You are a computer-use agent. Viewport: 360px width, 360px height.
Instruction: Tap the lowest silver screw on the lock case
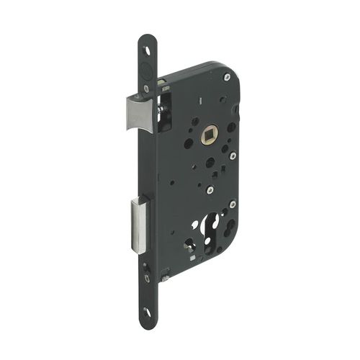click(232, 204)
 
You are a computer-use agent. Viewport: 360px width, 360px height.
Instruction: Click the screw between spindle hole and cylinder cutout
click(209, 191)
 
